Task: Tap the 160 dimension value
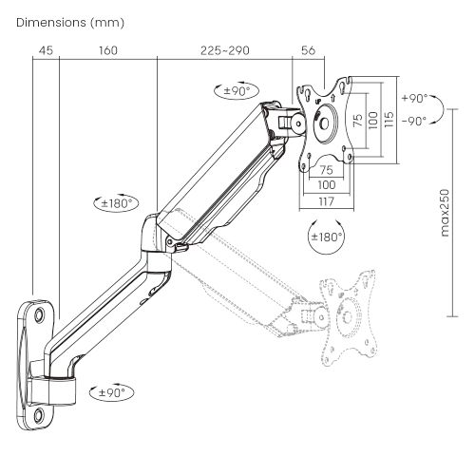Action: pyautogui.click(x=107, y=50)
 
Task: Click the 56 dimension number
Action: pyautogui.click(x=308, y=50)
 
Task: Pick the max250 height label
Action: pyautogui.click(x=443, y=213)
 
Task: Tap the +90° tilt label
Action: pyautogui.click(x=414, y=99)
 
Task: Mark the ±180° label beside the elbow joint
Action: pyautogui.click(x=119, y=202)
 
